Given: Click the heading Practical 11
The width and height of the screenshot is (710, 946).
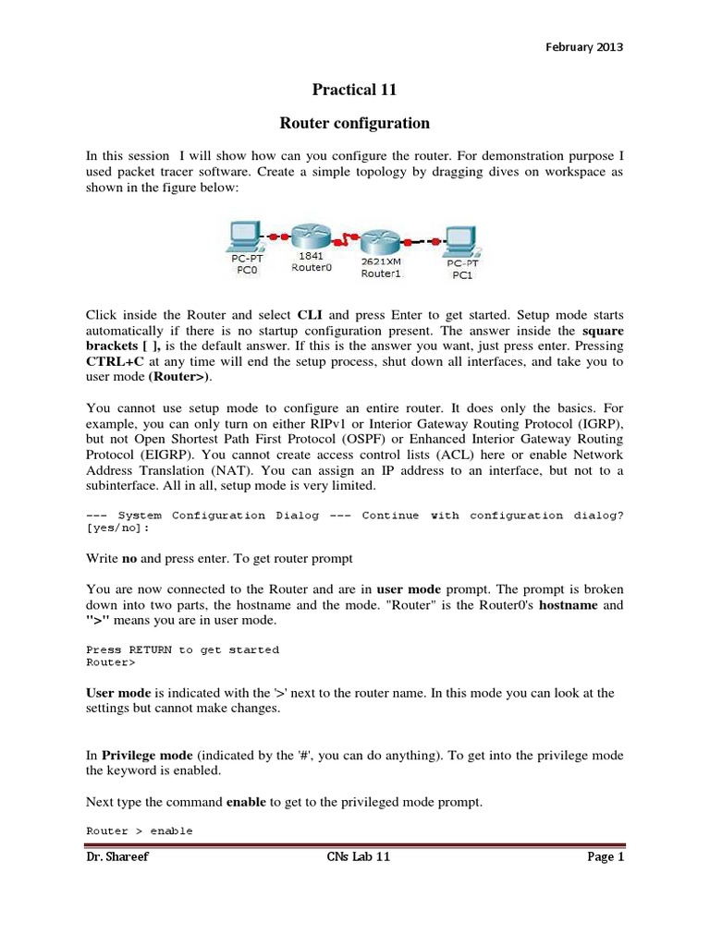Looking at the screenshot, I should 355,89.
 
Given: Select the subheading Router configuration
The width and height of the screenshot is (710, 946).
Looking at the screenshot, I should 355,122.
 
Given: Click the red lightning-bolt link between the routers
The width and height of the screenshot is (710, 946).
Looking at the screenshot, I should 345,242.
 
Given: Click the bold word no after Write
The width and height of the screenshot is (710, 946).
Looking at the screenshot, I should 129,557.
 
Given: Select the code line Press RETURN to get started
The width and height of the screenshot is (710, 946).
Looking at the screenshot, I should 182,649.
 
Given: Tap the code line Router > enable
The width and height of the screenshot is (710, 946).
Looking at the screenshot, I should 140,831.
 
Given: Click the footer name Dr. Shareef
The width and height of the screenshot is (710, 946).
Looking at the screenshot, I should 116,858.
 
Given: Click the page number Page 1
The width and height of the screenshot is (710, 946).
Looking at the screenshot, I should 606,858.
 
